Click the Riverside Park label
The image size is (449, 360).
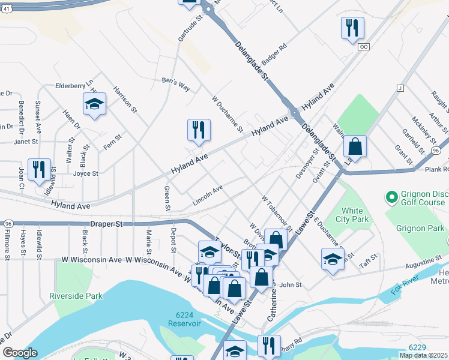point(76,296)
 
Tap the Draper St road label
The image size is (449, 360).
point(106,223)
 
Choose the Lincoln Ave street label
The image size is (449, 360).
point(208,193)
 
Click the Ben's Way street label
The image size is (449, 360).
point(176,84)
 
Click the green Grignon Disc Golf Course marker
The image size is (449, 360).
point(392,196)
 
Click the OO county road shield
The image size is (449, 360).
point(363,46)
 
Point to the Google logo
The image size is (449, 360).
point(20,352)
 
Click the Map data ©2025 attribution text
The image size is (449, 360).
point(424,355)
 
